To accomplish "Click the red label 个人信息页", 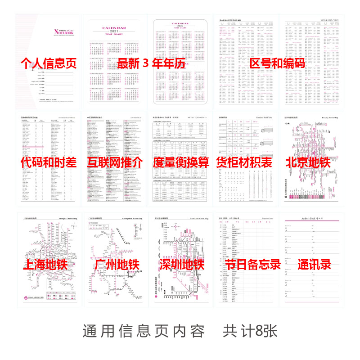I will point(49,63).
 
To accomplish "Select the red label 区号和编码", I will point(277,63).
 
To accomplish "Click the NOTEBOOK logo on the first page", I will point(64,31).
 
